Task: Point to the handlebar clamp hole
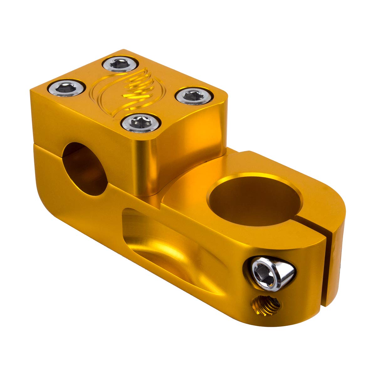pyautogui.click(x=85, y=169)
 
